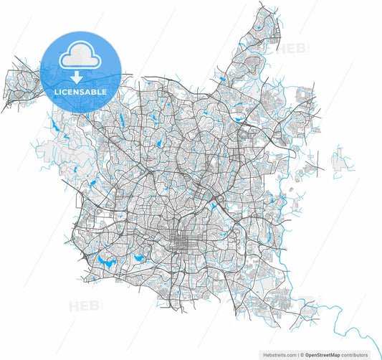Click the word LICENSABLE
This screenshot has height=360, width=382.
(80, 92)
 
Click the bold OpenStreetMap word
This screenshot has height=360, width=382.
(325, 354)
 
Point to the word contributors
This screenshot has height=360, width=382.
(357, 354)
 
